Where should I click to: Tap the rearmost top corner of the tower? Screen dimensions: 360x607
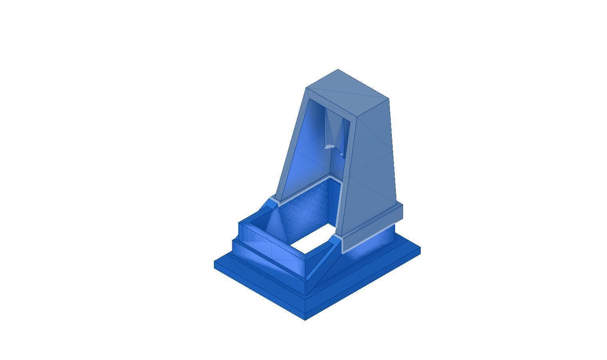(338, 70)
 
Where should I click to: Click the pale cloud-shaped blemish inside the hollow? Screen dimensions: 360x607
(329, 147)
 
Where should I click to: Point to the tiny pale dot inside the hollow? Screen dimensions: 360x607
(341, 154)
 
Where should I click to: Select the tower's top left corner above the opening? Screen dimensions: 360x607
(306, 88)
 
